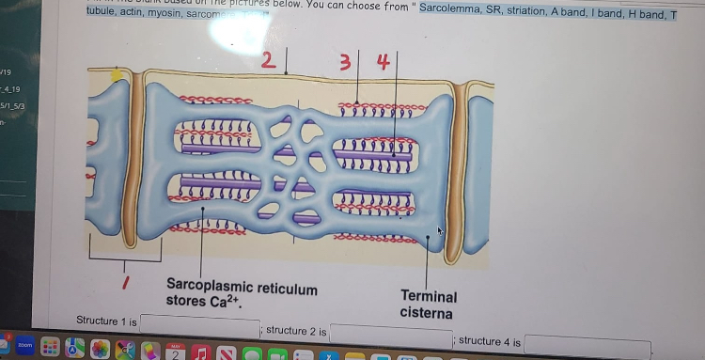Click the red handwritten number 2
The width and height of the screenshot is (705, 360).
[x=269, y=62]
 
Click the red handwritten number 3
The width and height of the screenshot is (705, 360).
[x=345, y=64]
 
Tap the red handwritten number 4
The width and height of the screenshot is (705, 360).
[x=383, y=62]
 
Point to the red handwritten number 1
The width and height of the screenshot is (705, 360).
[x=125, y=281]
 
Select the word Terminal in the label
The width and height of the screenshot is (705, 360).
[x=429, y=297]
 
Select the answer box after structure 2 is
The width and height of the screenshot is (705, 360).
[x=390, y=334]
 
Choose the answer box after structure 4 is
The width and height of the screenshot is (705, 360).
[x=587, y=344]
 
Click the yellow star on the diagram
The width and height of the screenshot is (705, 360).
[x=117, y=75]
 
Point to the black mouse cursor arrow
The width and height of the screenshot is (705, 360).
[x=439, y=229]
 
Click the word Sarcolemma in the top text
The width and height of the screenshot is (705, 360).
[x=458, y=8]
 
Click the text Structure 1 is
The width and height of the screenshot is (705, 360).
[x=106, y=321]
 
